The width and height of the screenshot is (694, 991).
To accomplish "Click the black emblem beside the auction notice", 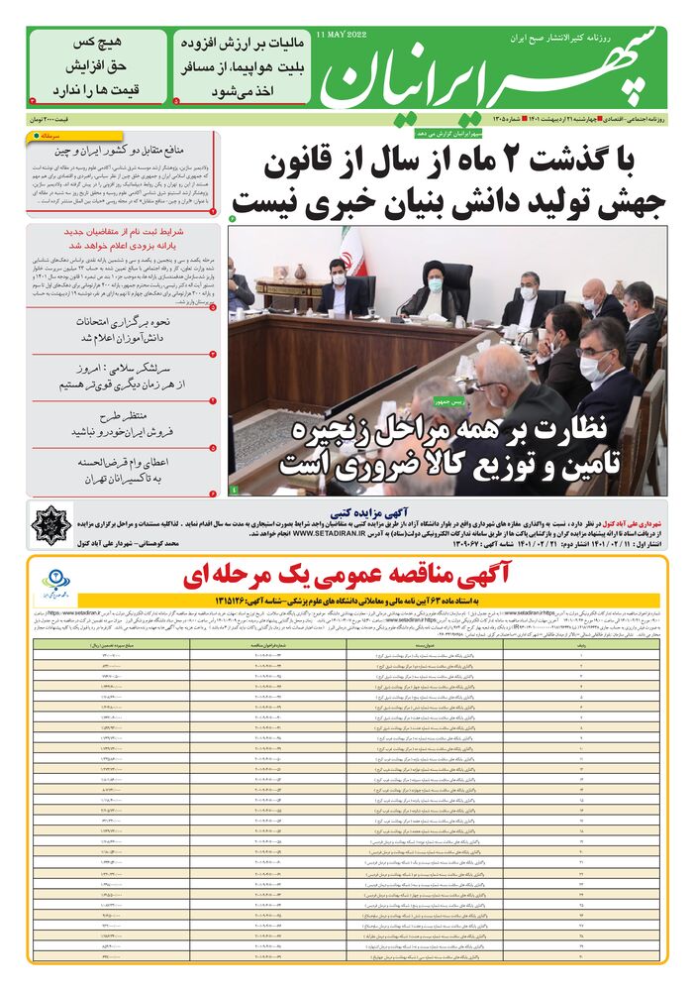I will coord(51,522).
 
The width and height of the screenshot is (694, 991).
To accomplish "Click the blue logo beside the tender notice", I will coord(58,583).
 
